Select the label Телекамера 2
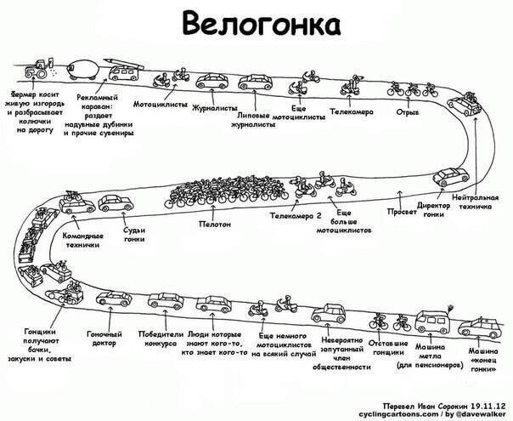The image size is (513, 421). [295, 216]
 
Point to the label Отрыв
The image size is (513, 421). [409, 111]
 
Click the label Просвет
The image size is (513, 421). [401, 211]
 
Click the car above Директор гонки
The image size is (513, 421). [450, 176]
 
